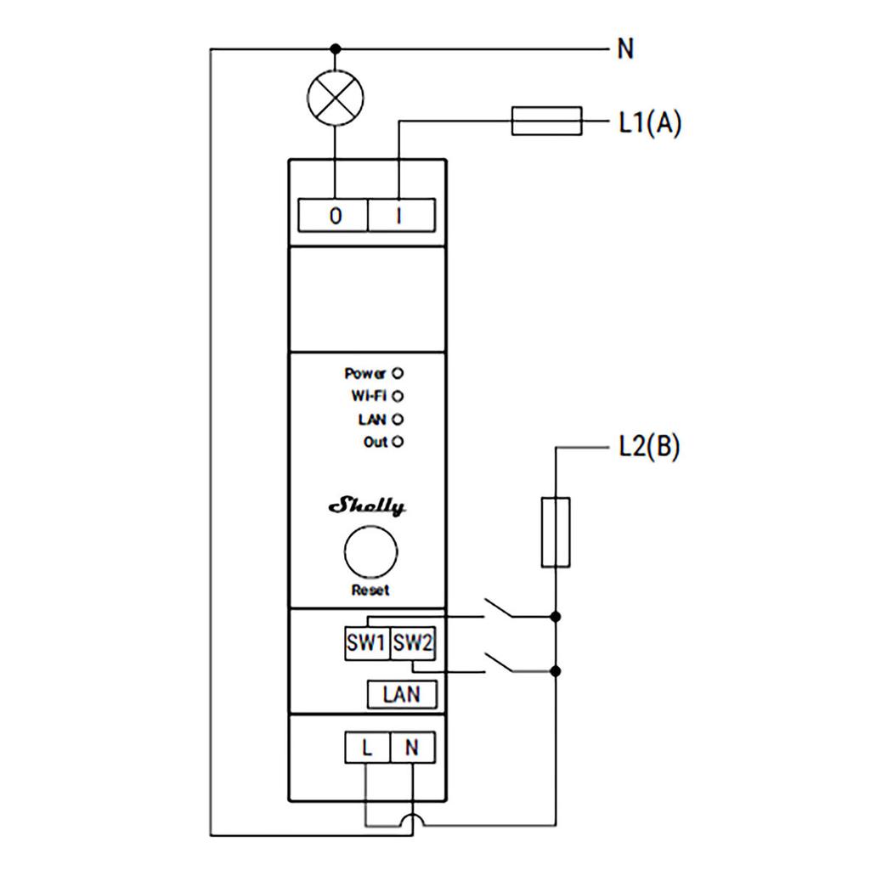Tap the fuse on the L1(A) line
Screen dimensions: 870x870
(x=546, y=121)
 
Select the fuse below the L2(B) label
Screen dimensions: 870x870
(x=555, y=533)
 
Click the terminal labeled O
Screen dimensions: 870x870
(x=335, y=216)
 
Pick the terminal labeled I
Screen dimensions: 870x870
(x=400, y=216)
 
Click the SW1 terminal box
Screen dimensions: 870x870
(x=366, y=644)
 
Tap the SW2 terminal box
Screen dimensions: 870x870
(x=413, y=644)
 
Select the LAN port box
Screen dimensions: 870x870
(x=402, y=694)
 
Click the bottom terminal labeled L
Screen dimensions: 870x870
(x=367, y=749)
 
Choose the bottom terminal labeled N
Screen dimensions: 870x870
(x=412, y=749)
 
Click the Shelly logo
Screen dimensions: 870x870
(x=367, y=507)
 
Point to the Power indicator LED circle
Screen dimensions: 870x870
(x=397, y=373)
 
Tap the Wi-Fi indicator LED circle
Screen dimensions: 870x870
(x=397, y=396)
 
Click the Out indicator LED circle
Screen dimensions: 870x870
(x=397, y=442)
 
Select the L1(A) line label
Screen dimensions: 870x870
(x=649, y=123)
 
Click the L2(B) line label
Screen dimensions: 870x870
(x=648, y=448)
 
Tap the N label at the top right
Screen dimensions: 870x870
(x=626, y=49)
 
